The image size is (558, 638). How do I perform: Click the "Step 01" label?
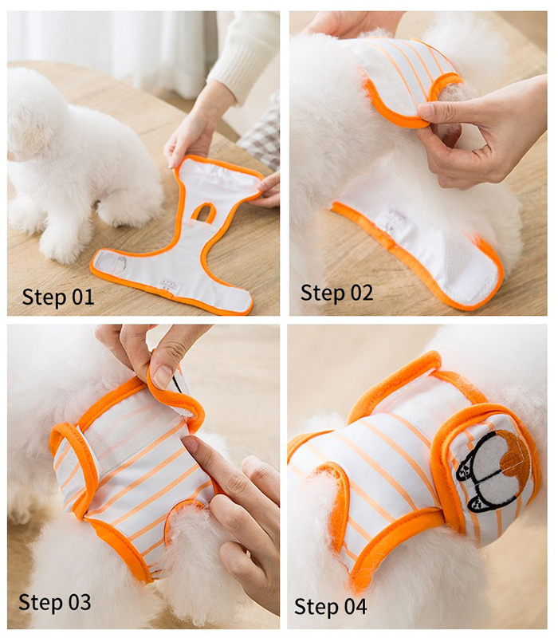point(57,297)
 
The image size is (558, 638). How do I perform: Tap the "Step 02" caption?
point(336,293)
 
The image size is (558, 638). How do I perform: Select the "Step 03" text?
point(55,602)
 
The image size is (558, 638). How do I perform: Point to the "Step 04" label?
point(331,607)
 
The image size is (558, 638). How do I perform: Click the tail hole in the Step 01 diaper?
point(203,213)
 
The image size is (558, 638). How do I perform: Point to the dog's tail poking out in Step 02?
point(450,102)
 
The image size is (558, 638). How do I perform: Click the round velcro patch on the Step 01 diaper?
point(112,262)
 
